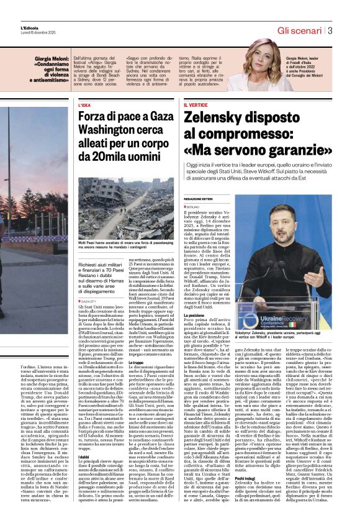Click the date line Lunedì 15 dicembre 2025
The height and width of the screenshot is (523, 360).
37,32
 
